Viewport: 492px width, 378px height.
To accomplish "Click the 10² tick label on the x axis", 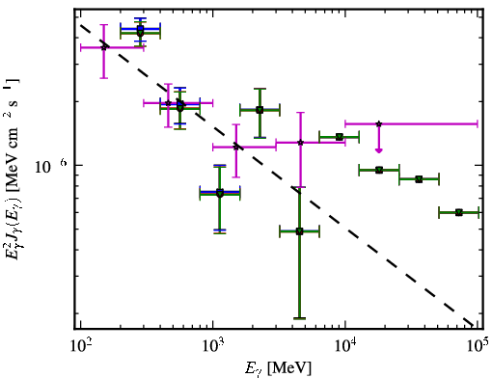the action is point(81,345).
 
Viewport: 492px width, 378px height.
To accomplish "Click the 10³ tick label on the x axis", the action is point(213,345).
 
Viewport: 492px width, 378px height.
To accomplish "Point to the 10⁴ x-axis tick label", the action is point(345,345).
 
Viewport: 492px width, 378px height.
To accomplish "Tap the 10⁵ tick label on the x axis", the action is point(478,345).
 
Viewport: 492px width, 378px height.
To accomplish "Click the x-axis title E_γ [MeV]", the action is point(278,368).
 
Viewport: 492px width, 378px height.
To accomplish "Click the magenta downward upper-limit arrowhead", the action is point(379,150).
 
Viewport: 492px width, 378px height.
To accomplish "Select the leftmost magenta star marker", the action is point(103,47).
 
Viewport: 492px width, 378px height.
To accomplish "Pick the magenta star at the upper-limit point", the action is point(379,123).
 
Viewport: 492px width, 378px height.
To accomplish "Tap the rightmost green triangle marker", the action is point(459,212).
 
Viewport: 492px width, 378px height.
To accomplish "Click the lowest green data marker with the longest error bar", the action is point(300,231).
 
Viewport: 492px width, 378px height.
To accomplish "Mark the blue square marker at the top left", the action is point(140,29).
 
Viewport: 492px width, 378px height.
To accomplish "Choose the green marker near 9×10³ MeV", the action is point(339,137).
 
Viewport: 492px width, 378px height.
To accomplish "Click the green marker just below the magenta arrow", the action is point(379,170).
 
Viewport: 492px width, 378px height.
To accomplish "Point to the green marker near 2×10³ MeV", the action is point(260,110).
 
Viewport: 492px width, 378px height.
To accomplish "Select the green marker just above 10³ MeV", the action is point(220,194).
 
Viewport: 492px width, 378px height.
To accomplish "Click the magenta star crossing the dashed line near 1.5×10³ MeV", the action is point(236,148).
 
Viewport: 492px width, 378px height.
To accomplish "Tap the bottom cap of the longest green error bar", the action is point(300,318).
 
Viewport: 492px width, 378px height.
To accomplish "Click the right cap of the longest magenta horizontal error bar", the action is point(478,123).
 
